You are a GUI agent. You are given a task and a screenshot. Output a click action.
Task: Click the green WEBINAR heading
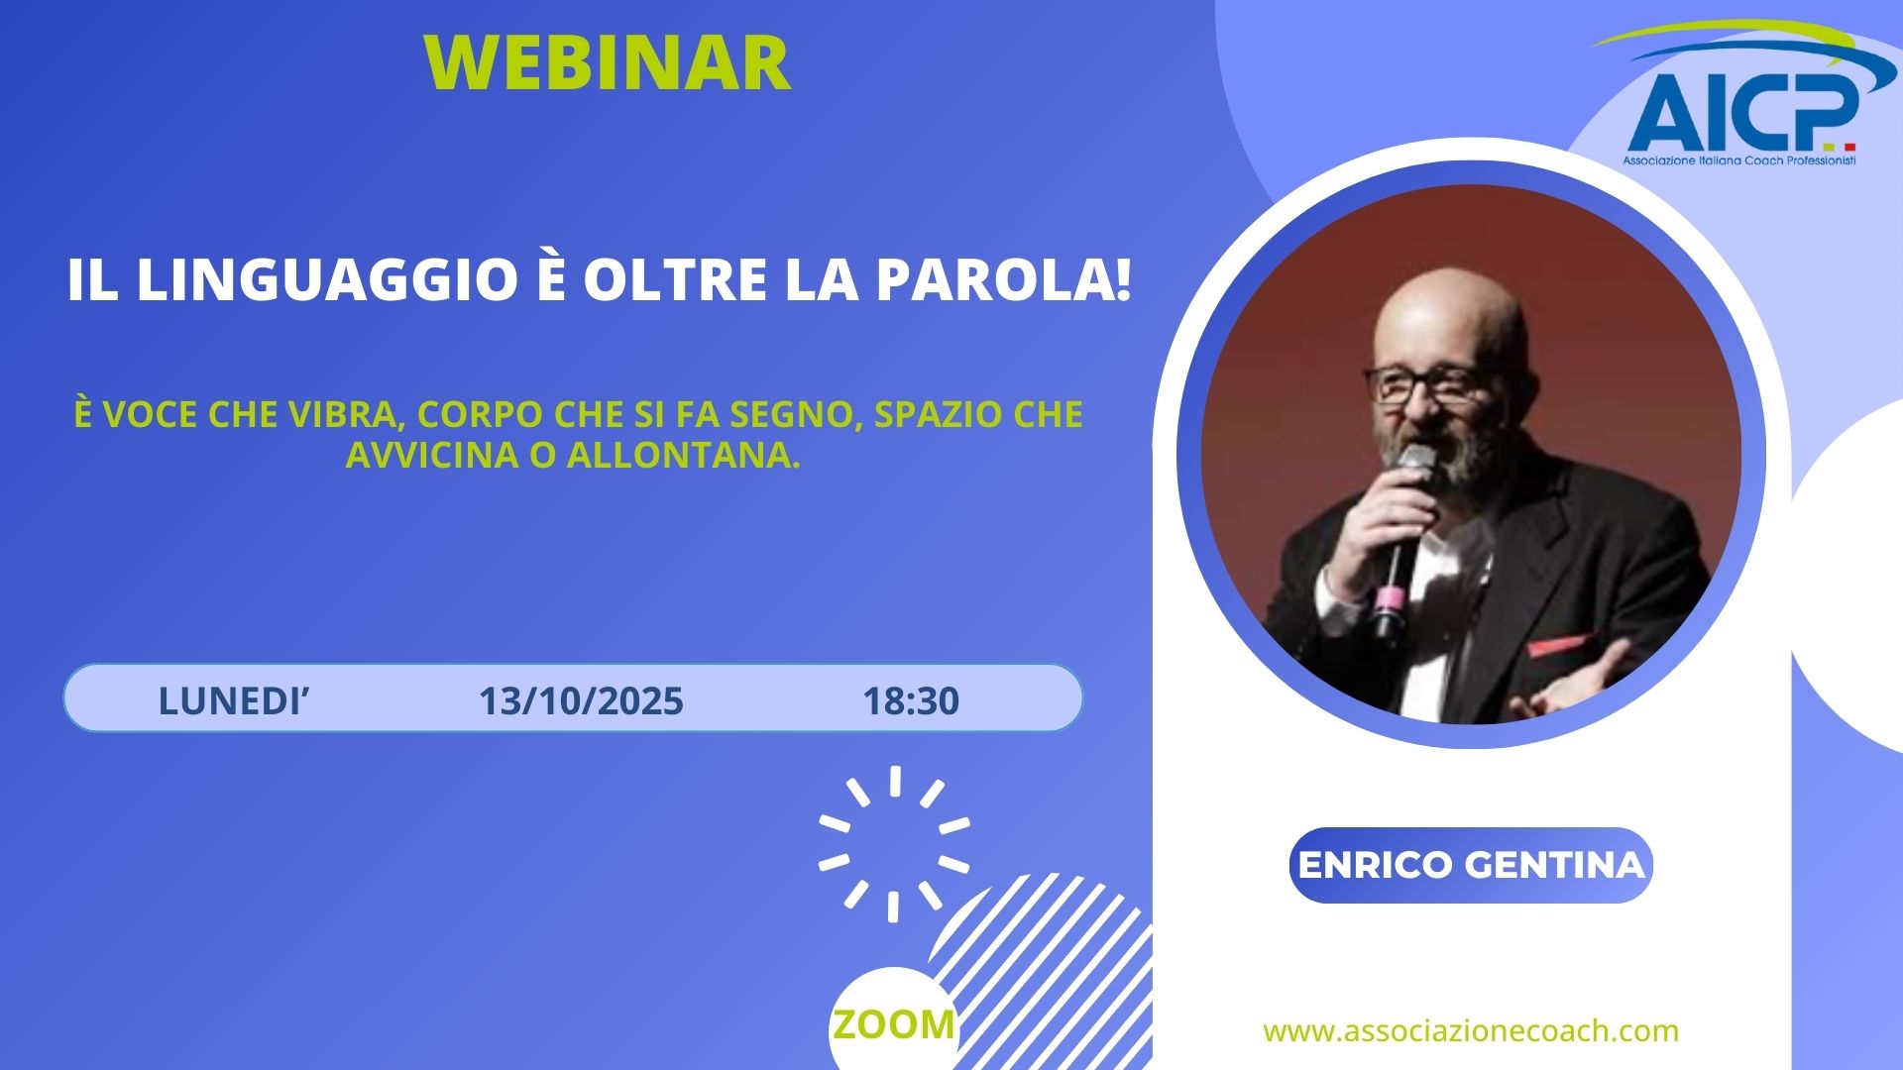608,62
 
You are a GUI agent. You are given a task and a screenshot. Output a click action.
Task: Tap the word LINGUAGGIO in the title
326,280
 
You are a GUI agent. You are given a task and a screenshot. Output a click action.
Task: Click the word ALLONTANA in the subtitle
683,455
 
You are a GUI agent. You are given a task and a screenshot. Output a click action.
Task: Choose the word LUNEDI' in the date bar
234,700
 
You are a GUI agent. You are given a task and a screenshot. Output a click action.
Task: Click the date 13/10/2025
581,701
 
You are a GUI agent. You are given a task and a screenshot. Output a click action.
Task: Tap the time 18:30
911,701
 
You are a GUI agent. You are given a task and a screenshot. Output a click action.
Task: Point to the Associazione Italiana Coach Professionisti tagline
1739,160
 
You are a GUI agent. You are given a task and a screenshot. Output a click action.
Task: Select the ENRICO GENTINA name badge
1471,865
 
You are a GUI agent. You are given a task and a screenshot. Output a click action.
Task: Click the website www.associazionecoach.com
1471,1030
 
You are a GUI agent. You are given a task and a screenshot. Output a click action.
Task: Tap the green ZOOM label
894,1024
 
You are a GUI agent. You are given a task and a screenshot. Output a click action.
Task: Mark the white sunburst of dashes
894,843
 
